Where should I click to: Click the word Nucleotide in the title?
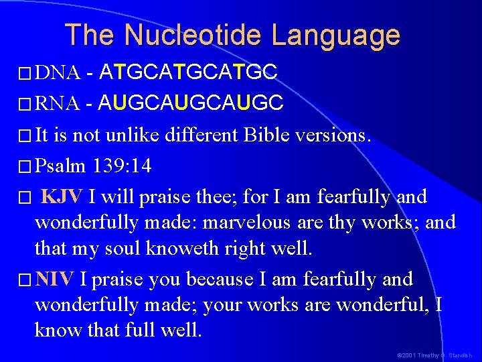(200, 35)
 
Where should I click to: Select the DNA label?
(58, 72)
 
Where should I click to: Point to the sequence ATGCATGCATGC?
(187, 72)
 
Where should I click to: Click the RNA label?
(58, 103)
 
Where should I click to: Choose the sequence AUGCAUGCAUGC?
(190, 103)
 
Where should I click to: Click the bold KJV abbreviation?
(62, 197)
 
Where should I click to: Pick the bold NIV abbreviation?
(56, 278)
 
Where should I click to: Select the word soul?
(121, 249)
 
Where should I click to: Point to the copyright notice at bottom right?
(433, 355)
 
